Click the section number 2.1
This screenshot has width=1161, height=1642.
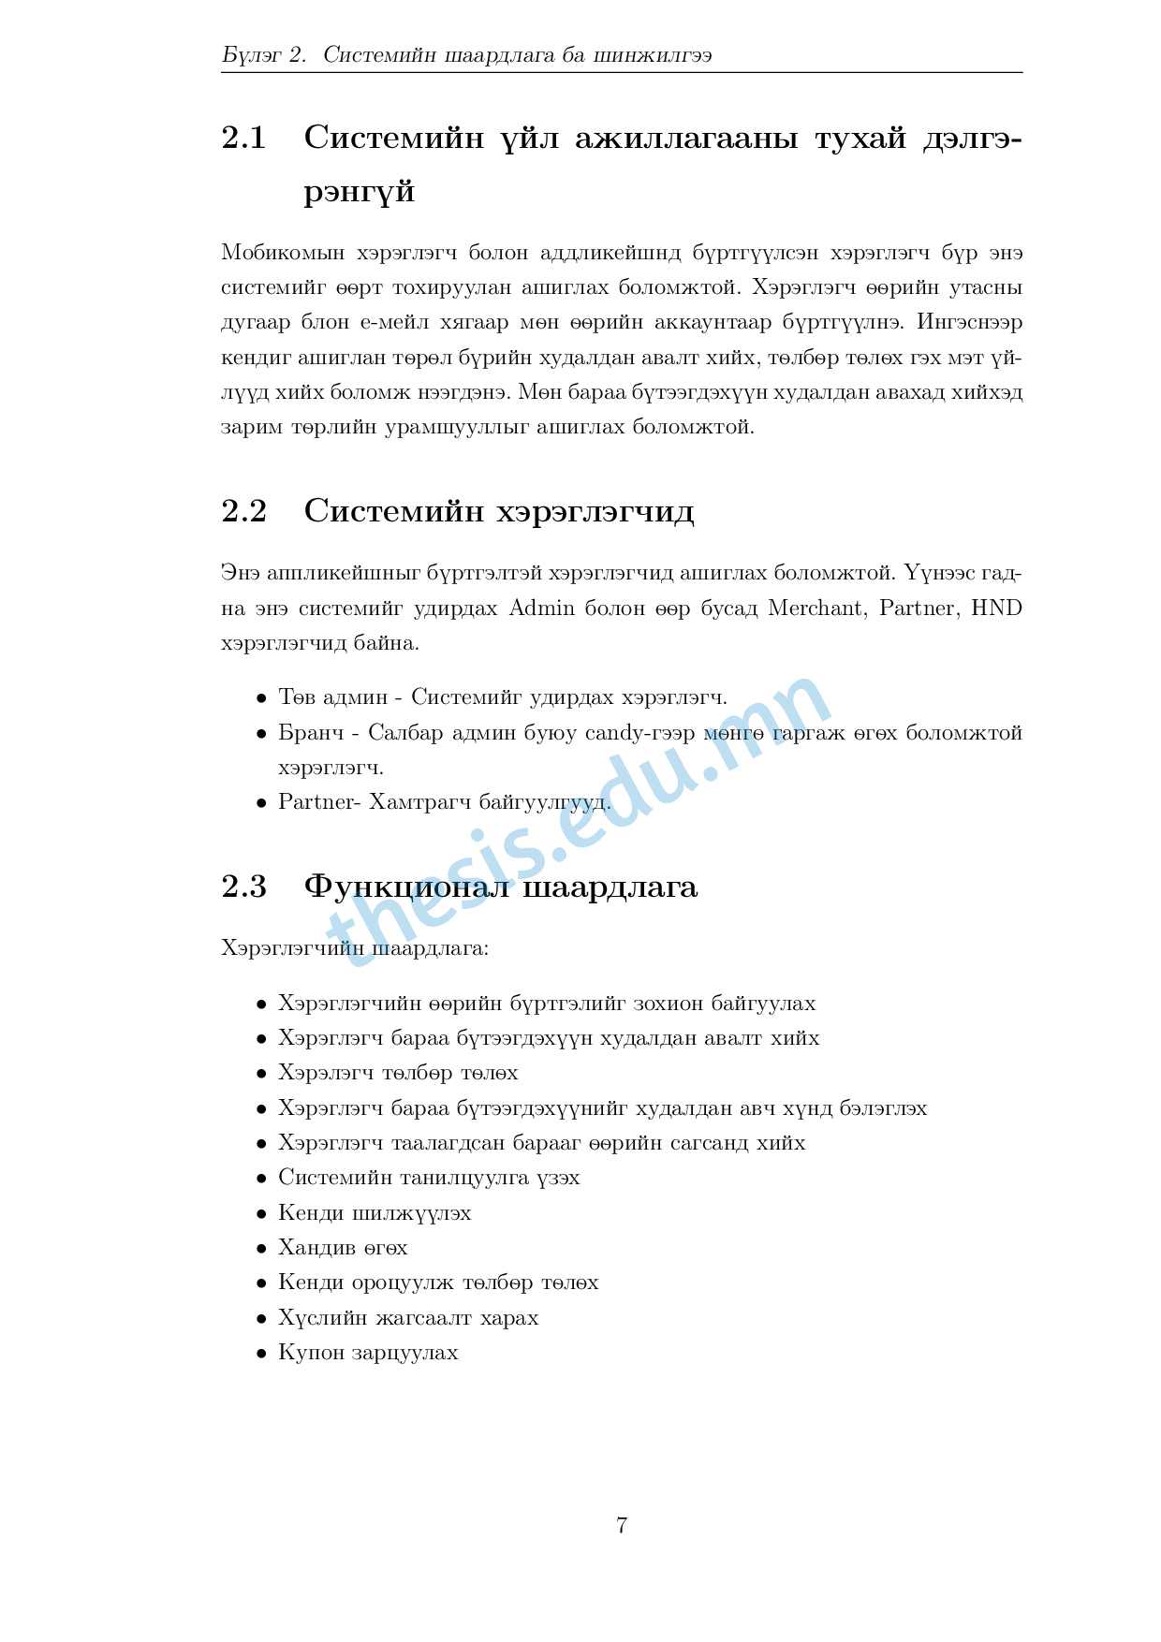(x=243, y=139)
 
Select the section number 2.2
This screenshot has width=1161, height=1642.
(x=243, y=512)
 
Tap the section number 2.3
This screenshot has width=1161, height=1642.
(x=243, y=886)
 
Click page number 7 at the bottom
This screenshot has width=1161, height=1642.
(x=622, y=1525)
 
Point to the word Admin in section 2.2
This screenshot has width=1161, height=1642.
(x=541, y=608)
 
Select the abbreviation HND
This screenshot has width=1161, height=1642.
(x=996, y=608)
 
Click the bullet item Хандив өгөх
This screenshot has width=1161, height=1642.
(x=343, y=1248)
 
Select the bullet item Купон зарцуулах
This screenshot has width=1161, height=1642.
(x=368, y=1353)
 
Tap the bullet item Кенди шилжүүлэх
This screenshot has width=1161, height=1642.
(x=375, y=1213)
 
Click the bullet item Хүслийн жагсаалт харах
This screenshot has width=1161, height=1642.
(x=408, y=1318)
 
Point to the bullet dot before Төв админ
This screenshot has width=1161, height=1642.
(x=262, y=698)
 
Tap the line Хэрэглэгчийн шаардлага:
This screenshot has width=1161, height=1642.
(x=355, y=948)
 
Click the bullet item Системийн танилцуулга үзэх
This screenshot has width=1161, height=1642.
(x=429, y=1178)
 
